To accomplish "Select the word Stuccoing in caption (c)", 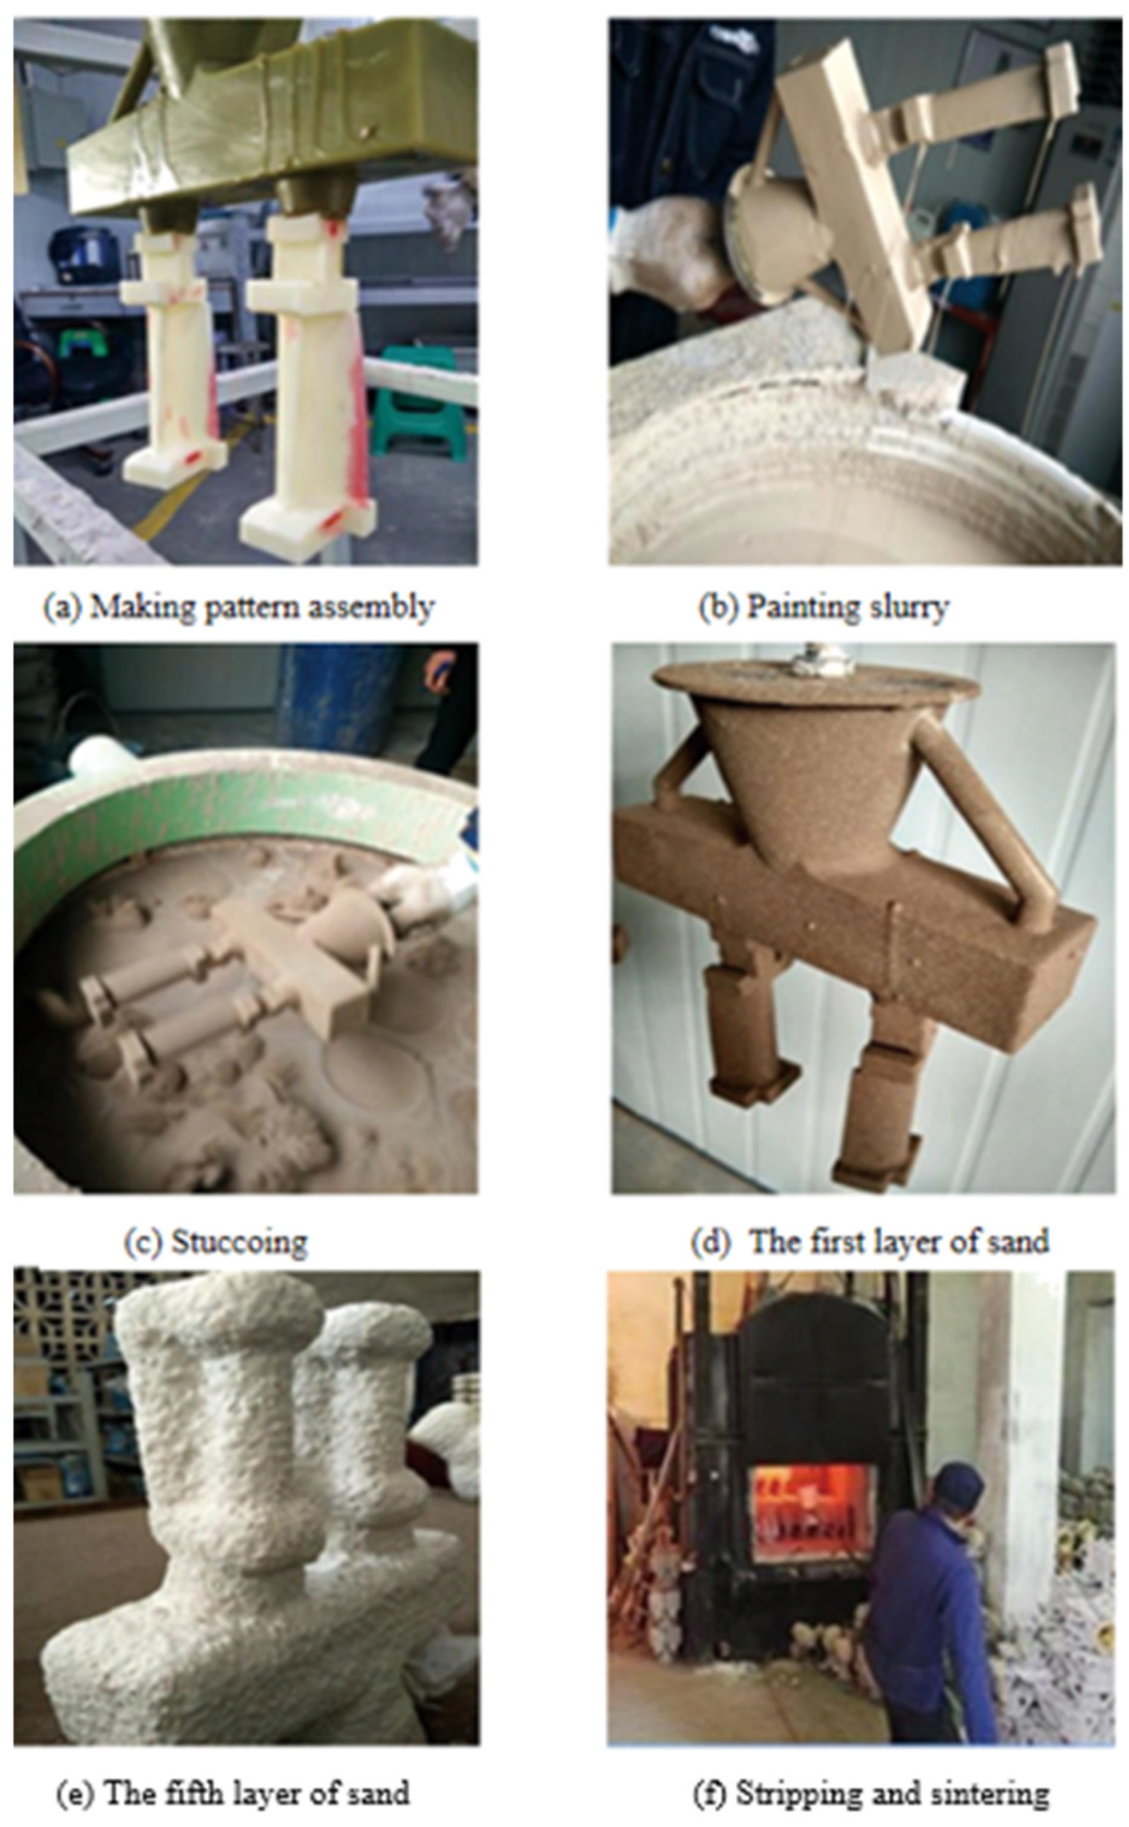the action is point(240,1242).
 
